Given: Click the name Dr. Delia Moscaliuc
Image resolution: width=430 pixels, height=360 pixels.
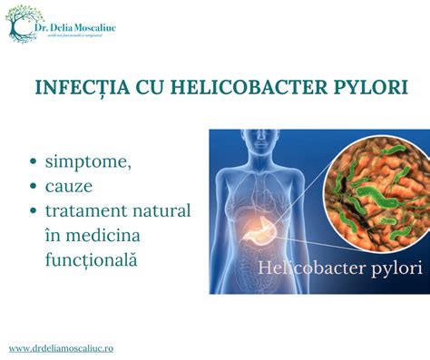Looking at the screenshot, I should pyautogui.click(x=82, y=26).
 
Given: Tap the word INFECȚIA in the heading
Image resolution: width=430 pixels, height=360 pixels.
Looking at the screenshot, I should pyautogui.click(x=79, y=89).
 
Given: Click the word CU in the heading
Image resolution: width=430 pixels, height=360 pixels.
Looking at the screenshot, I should pyautogui.click(x=142, y=89).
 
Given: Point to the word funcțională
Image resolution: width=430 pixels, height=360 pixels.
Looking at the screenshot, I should pyautogui.click(x=94, y=258).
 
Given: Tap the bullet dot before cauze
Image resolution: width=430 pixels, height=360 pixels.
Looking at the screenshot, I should pyautogui.click(x=34, y=187).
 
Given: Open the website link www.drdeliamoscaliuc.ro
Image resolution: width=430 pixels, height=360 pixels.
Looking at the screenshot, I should pyautogui.click(x=61, y=347).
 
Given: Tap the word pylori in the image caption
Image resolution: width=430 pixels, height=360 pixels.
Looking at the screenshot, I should pyautogui.click(x=396, y=269).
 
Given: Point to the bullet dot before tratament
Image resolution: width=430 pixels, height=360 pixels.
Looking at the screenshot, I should pyautogui.click(x=34, y=211).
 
